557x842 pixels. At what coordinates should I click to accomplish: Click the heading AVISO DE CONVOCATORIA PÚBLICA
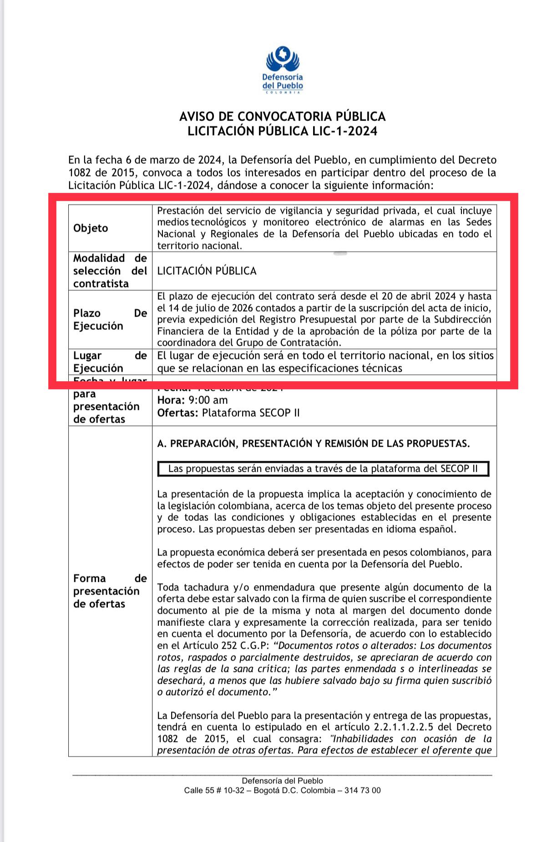click(282, 116)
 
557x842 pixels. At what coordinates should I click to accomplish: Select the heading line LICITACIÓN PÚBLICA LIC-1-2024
click(282, 131)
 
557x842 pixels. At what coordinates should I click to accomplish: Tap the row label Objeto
click(91, 228)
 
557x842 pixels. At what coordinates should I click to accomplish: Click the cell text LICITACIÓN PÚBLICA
click(207, 271)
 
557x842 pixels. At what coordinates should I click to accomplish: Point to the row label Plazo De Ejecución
click(110, 319)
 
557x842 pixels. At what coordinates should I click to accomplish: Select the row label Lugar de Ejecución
click(110, 362)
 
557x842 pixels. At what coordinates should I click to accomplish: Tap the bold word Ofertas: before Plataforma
click(177, 413)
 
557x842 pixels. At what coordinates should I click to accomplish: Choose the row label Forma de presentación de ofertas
click(110, 591)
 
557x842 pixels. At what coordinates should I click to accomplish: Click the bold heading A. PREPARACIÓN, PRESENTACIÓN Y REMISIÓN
click(313, 444)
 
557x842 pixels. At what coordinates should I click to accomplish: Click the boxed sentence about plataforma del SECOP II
click(323, 469)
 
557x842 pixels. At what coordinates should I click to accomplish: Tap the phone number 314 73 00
click(363, 790)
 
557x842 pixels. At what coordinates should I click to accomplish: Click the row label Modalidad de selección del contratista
click(110, 271)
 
